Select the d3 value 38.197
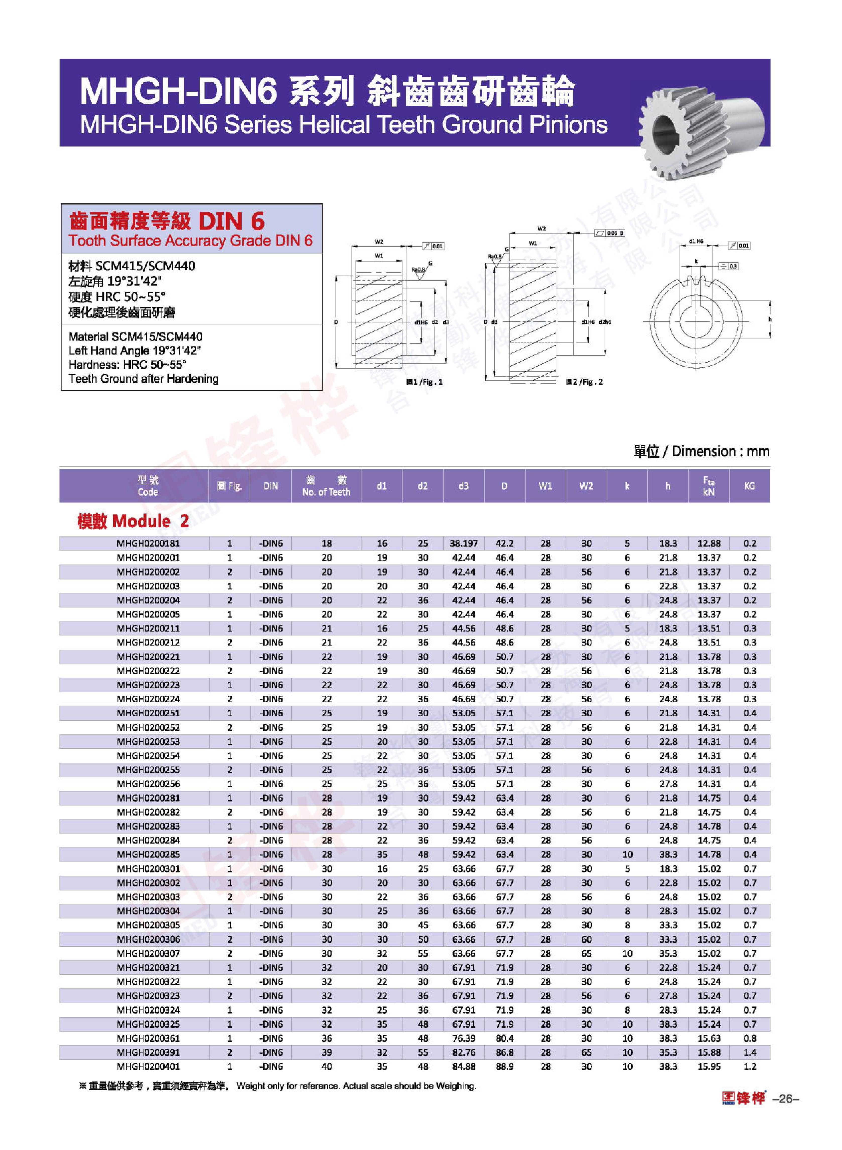point(463,543)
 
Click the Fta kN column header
point(708,486)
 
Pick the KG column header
point(749,486)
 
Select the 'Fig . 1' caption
point(425,382)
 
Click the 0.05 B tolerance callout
point(610,233)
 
